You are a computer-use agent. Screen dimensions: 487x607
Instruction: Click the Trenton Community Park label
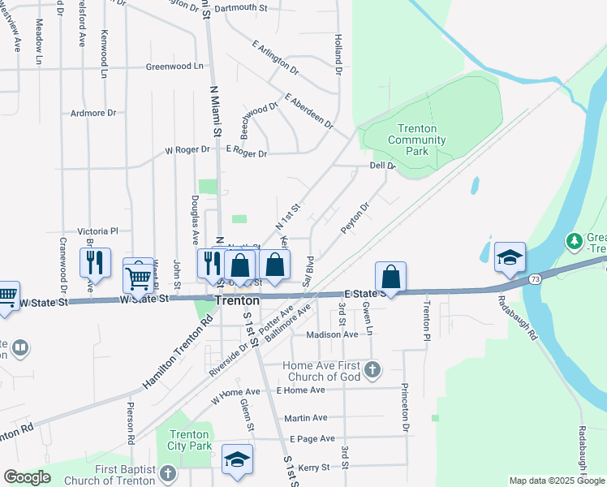coord(417,140)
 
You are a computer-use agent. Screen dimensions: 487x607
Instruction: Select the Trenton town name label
coord(237,300)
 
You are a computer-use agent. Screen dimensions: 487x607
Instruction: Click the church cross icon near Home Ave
coord(372,371)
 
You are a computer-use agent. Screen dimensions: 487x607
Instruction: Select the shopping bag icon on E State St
coord(390,276)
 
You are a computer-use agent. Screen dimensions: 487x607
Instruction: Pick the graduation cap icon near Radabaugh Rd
coord(509,257)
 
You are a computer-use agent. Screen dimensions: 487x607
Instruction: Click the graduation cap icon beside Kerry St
coord(237,459)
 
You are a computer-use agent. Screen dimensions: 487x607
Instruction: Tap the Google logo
coord(27,477)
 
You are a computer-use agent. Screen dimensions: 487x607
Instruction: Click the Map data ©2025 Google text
coord(556,481)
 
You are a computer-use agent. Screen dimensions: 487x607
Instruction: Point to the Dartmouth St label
coord(242,7)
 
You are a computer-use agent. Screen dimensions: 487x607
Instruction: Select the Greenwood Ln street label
coord(174,67)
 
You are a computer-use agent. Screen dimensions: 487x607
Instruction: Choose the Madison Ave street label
coord(332,334)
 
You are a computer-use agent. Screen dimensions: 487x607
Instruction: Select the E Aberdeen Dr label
coord(308,111)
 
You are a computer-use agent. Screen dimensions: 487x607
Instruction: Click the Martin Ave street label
coord(306,418)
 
